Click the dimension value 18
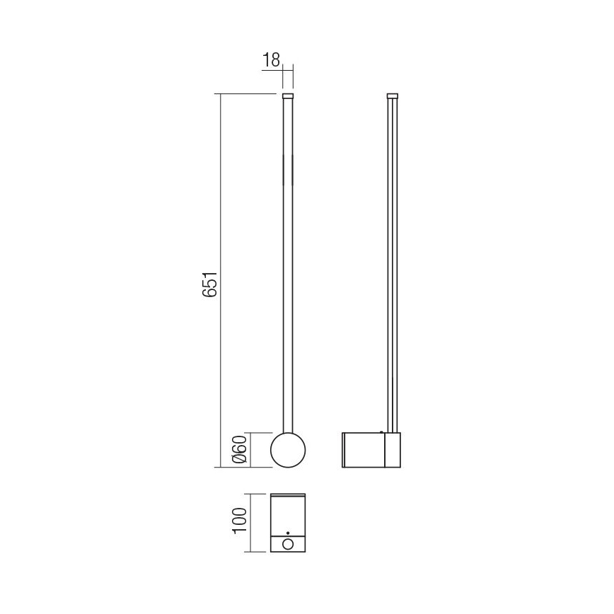click(271, 60)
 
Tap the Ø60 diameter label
click(239, 450)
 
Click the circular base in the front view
click(288, 450)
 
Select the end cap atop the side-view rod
click(393, 95)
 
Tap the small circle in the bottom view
click(288, 544)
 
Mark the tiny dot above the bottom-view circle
click(288, 532)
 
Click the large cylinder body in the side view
click(363, 450)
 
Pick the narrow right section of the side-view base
click(393, 450)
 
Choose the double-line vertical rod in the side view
click(393, 269)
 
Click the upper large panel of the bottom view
click(288, 515)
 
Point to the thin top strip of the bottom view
click(288, 495)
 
